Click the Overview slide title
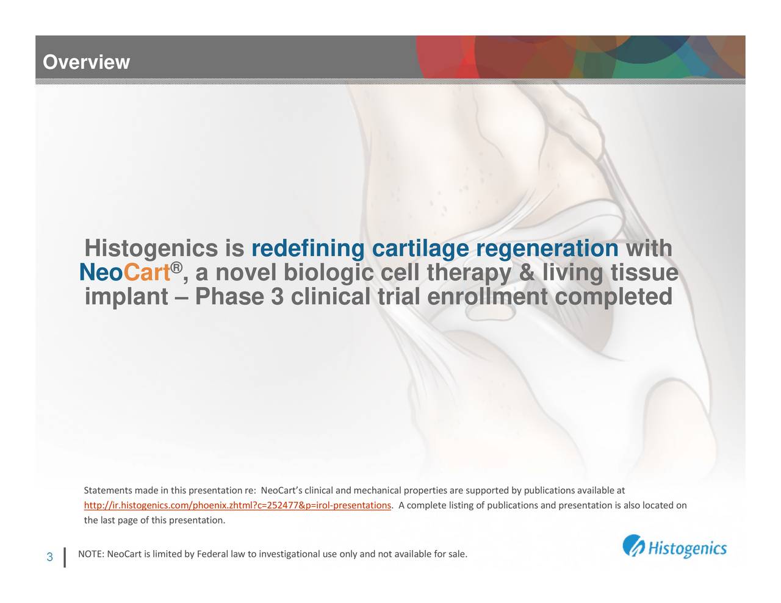point(86,62)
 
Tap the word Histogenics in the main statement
point(151,249)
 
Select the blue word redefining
point(308,249)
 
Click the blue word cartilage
point(420,249)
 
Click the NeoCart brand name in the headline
point(124,272)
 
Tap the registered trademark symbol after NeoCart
point(176,268)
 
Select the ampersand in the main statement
point(527,272)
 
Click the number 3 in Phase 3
point(277,297)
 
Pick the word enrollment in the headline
point(488,297)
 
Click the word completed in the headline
point(614,298)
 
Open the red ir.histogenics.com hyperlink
point(237,505)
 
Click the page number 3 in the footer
point(49,557)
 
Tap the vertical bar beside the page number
point(65,557)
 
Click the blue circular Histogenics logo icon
point(633,546)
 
